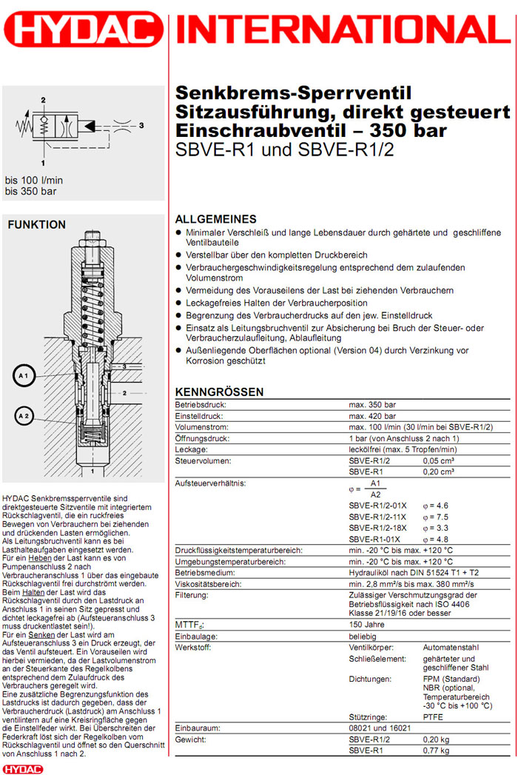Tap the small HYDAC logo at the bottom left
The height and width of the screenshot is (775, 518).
point(23,768)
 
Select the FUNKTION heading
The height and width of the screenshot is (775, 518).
point(36,225)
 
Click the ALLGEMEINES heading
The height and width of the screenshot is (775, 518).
point(215,219)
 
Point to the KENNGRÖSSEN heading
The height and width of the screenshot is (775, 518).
point(219,392)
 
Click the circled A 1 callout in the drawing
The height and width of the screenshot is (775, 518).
point(23,377)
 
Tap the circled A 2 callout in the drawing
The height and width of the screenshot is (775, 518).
point(23,417)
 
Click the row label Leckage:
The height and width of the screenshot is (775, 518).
point(192,449)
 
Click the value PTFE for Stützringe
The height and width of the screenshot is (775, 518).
point(433,717)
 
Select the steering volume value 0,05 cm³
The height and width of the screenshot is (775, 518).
point(439,460)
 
